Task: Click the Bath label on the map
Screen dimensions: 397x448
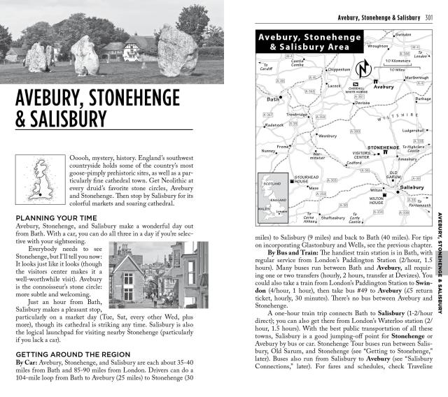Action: coord(273,99)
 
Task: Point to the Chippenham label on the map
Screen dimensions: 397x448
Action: coord(337,70)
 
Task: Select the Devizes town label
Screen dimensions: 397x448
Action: coord(362,103)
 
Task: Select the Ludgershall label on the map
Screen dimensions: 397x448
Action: coord(411,130)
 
